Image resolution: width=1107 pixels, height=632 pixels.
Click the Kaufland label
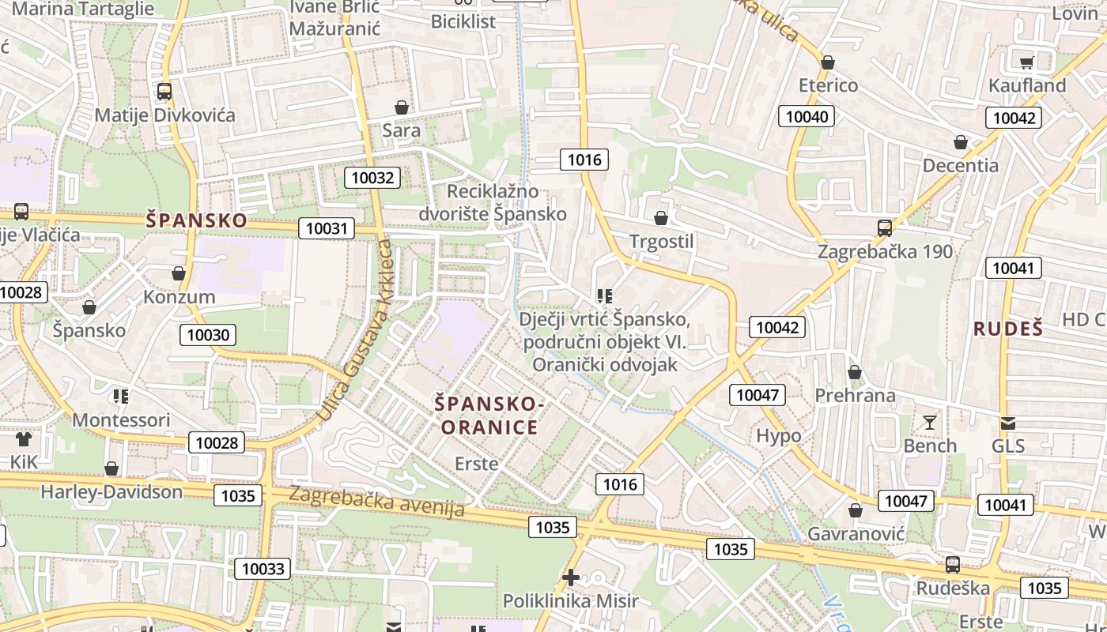pos(1027,85)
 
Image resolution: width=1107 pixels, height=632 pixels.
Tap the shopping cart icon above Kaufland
pos(1026,62)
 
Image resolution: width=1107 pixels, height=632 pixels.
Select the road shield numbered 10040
pos(807,117)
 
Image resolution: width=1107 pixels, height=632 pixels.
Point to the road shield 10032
pos(372,177)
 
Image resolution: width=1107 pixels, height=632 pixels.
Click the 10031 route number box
pos(326,229)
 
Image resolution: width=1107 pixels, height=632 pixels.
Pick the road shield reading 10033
pos(263,569)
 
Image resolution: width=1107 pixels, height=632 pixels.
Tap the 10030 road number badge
pos(209,335)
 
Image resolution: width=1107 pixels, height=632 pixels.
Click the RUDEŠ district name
pos(1008,329)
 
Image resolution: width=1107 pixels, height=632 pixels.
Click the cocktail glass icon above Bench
pos(930,423)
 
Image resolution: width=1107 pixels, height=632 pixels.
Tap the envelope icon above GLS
pos(1007,423)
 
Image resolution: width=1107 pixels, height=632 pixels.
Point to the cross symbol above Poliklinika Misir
pos(570,577)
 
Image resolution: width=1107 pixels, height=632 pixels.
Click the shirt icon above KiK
pos(24,438)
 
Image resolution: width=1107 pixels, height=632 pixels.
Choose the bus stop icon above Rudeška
pos(953,565)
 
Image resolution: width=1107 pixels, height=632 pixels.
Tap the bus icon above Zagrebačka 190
pos(885,228)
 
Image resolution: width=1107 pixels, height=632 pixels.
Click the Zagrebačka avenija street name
pos(377,502)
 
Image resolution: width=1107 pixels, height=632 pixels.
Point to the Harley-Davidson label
pos(111,491)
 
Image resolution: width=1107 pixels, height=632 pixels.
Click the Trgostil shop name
pos(661,241)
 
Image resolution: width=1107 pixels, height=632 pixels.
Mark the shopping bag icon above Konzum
pos(179,273)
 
